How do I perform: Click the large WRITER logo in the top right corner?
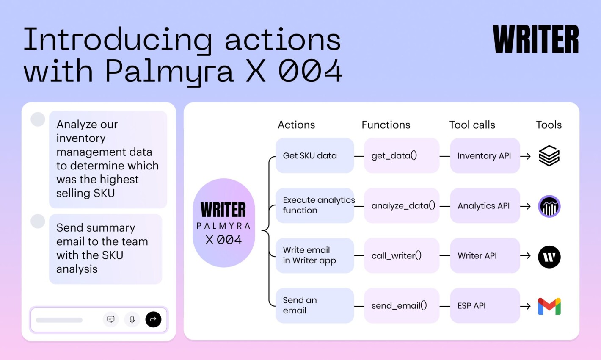tap(535, 39)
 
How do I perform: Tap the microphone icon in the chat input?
tap(132, 319)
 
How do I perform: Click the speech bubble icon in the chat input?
tap(110, 319)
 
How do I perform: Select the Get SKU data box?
tap(315, 155)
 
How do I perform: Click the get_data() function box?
tap(402, 155)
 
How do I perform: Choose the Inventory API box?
tap(485, 155)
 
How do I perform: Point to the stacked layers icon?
tap(549, 156)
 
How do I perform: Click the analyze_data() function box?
tap(402, 206)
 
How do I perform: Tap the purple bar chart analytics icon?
tap(549, 206)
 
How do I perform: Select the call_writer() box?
tap(402, 255)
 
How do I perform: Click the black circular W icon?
tap(549, 257)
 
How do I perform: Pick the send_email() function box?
tap(402, 305)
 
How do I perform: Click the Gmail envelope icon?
tap(549, 306)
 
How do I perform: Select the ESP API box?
tap(485, 305)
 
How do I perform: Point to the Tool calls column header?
tap(472, 125)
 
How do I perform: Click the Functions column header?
tap(386, 125)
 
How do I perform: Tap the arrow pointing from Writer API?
tap(525, 255)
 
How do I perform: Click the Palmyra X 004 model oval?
tap(224, 223)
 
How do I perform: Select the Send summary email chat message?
tap(106, 249)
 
